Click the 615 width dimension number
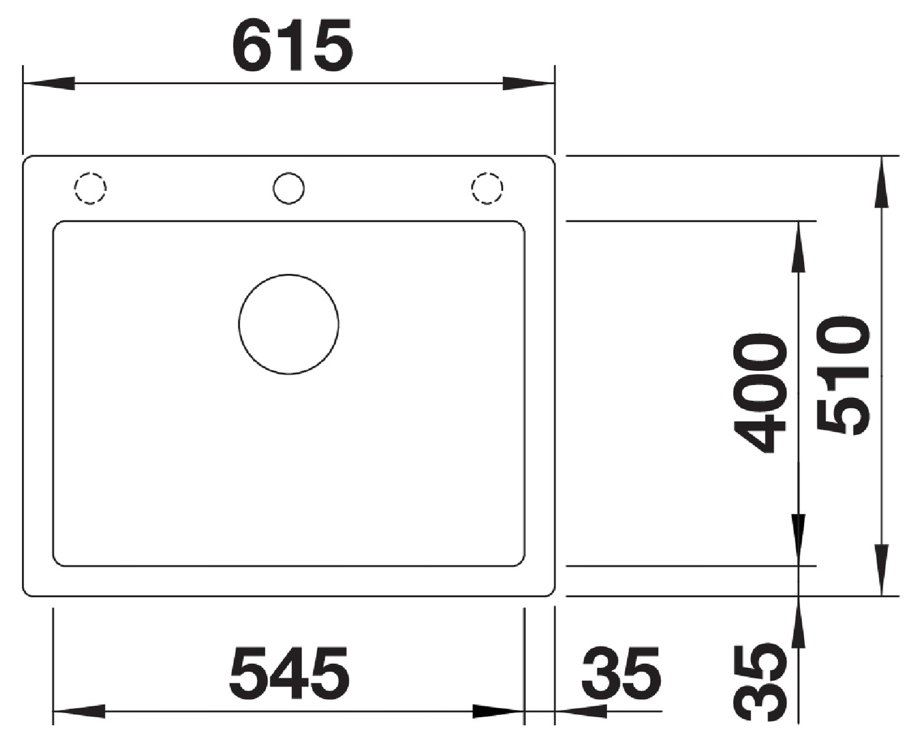293,45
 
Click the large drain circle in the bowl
289,274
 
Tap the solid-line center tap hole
289,173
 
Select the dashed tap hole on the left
90,173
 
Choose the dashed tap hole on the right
487,173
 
